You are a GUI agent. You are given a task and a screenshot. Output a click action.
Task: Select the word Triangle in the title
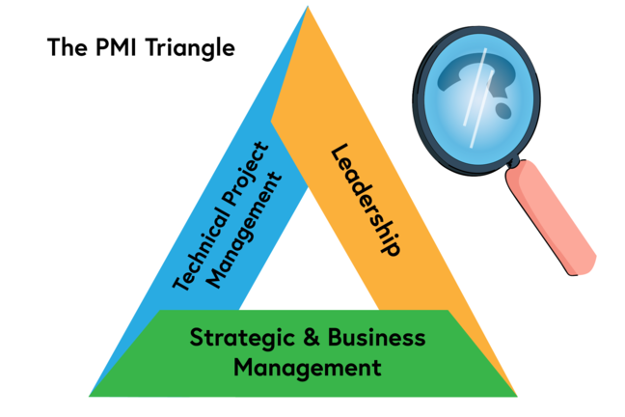(x=197, y=47)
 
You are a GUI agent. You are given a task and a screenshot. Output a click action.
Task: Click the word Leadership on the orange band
(x=365, y=199)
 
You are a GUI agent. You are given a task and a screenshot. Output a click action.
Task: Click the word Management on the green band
(x=307, y=368)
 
